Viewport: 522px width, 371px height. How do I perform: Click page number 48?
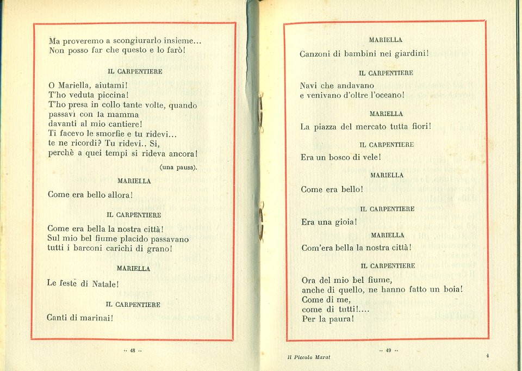pos(132,351)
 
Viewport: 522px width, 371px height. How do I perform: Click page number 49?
pos(388,350)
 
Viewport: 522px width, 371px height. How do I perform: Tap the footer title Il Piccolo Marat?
pos(309,357)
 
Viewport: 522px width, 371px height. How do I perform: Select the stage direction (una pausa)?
pos(178,167)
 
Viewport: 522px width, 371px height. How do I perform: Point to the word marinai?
pos(95,317)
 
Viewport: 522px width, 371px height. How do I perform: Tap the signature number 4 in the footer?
pos(487,356)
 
